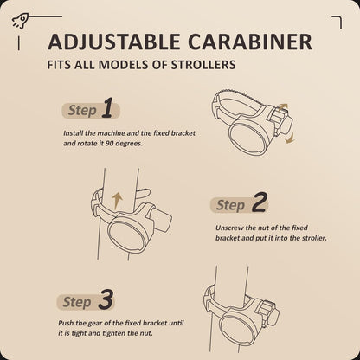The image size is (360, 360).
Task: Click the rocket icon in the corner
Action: tap(20, 22)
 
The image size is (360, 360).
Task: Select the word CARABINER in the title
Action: tap(250, 42)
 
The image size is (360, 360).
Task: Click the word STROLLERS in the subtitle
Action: tap(203, 65)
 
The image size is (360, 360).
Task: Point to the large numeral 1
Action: tap(107, 108)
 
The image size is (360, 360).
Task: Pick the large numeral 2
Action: tap(259, 202)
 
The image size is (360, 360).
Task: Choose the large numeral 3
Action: tap(106, 299)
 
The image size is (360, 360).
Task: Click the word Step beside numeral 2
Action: tap(230, 205)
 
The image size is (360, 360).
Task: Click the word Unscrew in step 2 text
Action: tap(229, 228)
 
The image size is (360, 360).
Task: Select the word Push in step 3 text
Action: tap(66, 323)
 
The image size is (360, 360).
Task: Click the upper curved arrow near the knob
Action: tap(283, 107)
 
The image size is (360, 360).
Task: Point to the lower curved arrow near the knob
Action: tap(290, 138)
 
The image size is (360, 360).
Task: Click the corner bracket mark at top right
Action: tap(337, 22)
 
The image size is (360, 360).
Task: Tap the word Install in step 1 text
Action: tap(74, 133)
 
